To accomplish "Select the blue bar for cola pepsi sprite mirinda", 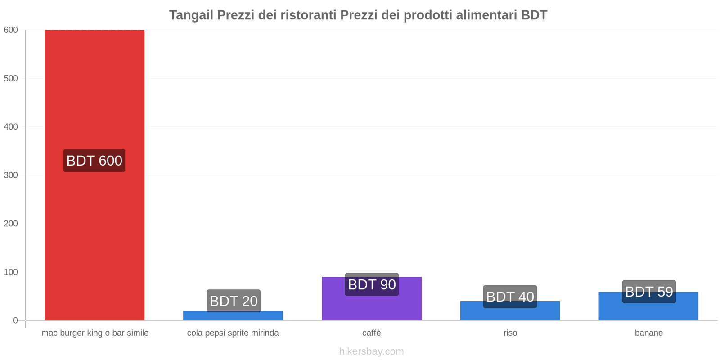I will point(233,316).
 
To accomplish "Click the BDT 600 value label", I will point(94,161).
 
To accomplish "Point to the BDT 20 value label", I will point(234,301).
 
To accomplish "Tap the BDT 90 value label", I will point(372,284).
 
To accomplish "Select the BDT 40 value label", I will point(510,297).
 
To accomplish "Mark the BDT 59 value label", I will point(649,292).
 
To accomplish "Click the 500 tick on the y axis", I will point(11,78).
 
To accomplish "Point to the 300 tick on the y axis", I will point(11,175).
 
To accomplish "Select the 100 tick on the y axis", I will point(11,272).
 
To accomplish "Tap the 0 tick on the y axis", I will point(15,320).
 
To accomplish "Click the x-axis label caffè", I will point(372,333).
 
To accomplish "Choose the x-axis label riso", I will point(510,333).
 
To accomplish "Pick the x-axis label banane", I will point(649,333).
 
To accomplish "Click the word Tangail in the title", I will point(191,15).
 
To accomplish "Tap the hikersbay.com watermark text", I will point(372,351).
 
